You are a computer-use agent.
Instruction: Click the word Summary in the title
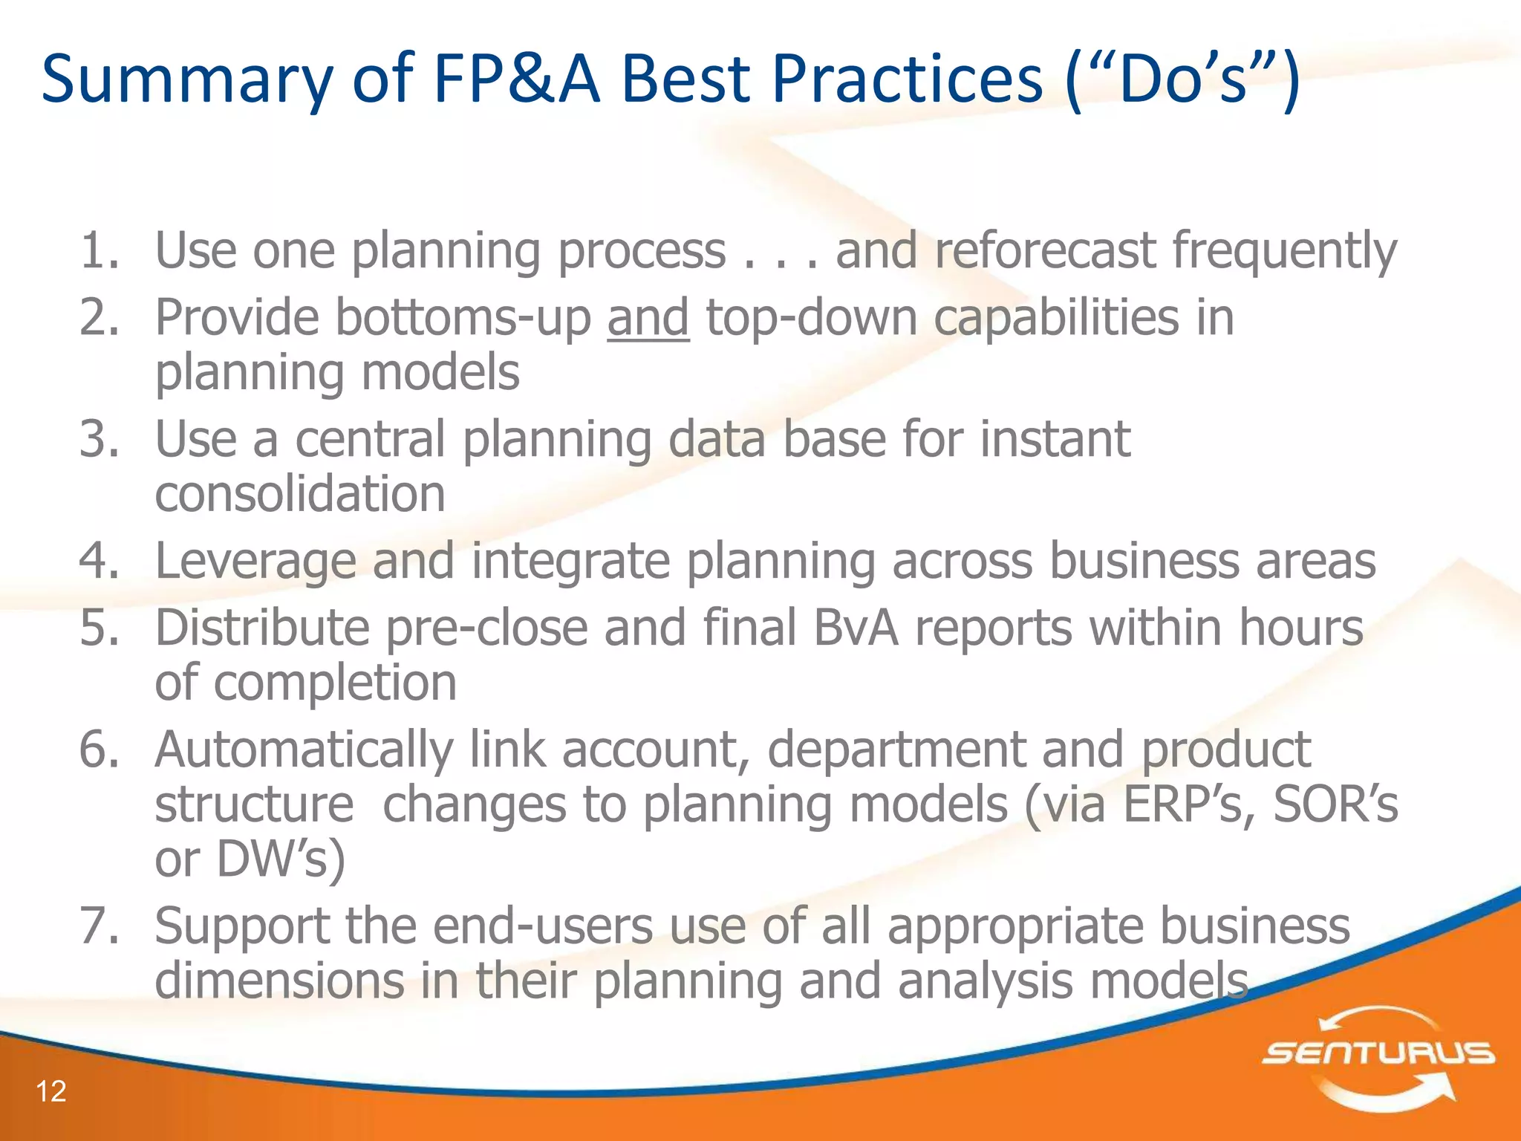tap(186, 80)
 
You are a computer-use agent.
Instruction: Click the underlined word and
tap(648, 318)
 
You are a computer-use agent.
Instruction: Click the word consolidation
tap(300, 494)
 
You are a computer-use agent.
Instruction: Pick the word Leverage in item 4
tap(255, 561)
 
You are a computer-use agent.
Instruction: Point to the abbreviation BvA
tap(856, 628)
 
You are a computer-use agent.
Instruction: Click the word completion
tap(335, 683)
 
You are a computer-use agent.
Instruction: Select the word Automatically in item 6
tap(304, 750)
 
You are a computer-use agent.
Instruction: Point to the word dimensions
tap(279, 981)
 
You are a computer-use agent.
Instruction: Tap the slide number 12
tap(51, 1091)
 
